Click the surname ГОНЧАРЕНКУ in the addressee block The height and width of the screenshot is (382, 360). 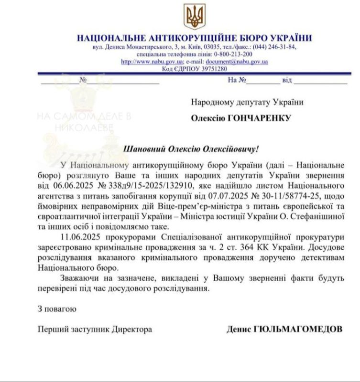click(x=261, y=118)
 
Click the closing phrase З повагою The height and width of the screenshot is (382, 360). click(x=57, y=308)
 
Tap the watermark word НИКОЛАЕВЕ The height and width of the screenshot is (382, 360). click(x=84, y=127)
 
